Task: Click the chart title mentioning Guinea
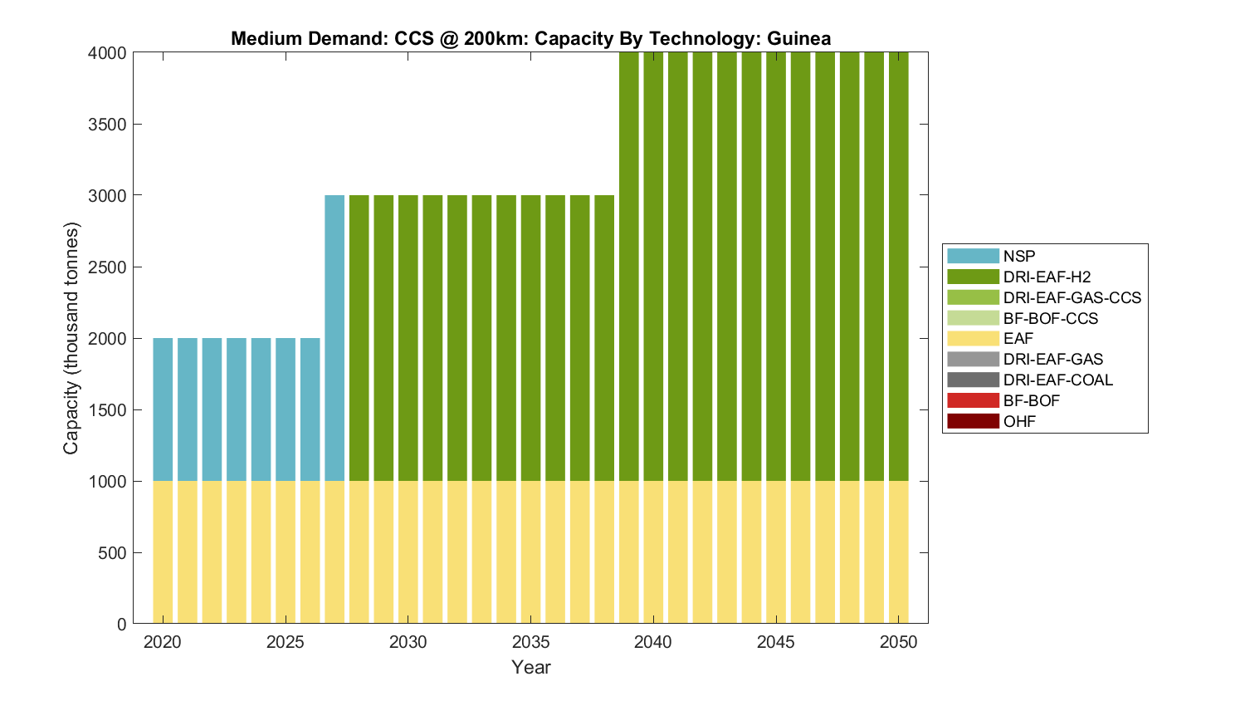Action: [x=530, y=38]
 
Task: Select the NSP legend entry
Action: [x=1019, y=256]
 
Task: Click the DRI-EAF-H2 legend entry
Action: [x=1047, y=277]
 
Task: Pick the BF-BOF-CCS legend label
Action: [x=1050, y=318]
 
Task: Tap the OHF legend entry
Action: [x=1019, y=421]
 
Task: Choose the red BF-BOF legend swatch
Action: [x=973, y=400]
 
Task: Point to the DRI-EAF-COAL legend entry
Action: [x=1057, y=380]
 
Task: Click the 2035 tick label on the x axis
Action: [x=530, y=642]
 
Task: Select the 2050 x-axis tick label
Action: [x=898, y=642]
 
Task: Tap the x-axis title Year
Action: [x=530, y=667]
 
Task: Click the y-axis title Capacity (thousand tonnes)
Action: [x=71, y=338]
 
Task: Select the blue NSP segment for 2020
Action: [x=163, y=409]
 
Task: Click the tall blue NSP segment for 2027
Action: [x=334, y=338]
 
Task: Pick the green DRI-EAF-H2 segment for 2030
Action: [x=408, y=338]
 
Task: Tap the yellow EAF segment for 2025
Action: [x=286, y=553]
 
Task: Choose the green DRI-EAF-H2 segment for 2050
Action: [x=898, y=266]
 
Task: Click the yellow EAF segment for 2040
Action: [x=653, y=553]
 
